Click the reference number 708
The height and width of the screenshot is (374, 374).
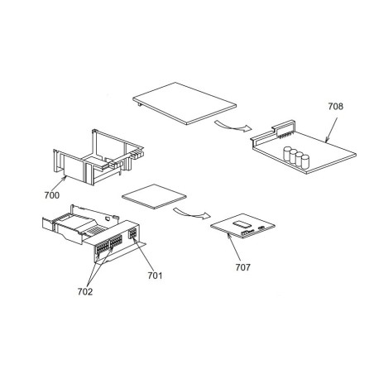[335, 106]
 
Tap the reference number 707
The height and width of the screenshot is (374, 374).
[242, 267]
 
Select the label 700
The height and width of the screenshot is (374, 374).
[52, 195]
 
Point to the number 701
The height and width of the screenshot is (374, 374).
[155, 276]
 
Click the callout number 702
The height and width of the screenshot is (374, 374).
[85, 291]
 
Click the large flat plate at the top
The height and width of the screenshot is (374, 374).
[185, 103]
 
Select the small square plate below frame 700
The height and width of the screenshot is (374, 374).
[154, 197]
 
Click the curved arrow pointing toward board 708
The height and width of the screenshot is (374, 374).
[233, 127]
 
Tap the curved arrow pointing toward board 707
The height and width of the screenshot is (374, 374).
[192, 213]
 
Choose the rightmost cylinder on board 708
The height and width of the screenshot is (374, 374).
[305, 161]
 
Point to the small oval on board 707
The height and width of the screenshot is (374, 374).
[261, 228]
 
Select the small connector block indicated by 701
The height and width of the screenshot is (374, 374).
[132, 233]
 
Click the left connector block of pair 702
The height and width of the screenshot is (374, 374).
[103, 247]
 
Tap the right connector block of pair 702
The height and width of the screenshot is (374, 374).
[116, 241]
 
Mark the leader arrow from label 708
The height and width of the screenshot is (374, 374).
[331, 130]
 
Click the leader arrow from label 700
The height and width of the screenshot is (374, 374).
[59, 184]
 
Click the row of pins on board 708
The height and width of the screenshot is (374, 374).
[285, 136]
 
